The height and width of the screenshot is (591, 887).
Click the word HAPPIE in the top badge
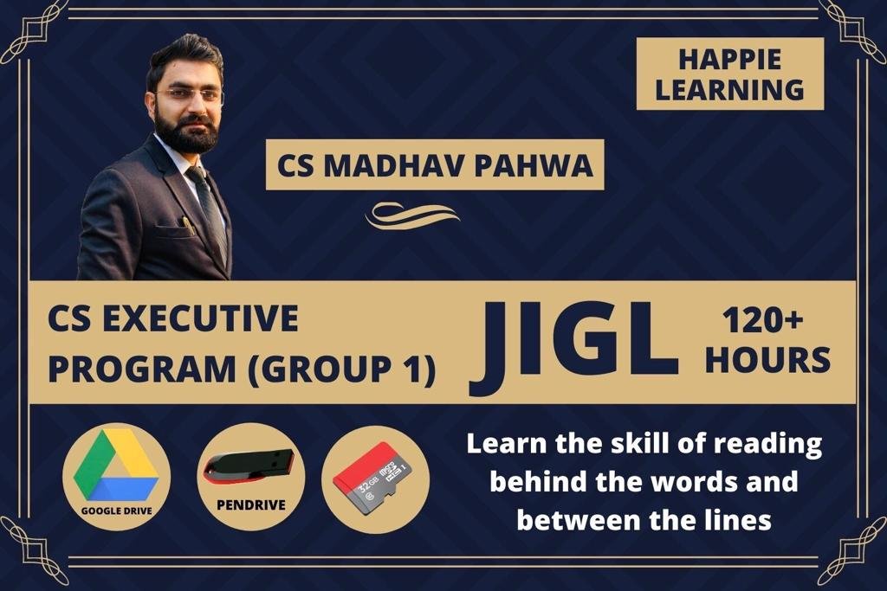pos(729,60)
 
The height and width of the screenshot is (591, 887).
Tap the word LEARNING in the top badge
pos(729,90)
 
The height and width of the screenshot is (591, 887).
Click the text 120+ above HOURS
pos(762,321)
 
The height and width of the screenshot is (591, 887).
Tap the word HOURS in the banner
pos(767,361)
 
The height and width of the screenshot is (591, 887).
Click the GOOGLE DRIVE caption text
pos(117,511)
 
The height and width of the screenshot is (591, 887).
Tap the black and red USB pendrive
pos(249,466)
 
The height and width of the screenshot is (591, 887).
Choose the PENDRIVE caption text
pos(251,504)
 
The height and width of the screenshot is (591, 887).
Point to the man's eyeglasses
pos(190,95)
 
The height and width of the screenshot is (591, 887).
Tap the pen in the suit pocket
pos(189,226)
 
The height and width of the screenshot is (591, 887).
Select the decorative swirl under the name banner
pos(412,215)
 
